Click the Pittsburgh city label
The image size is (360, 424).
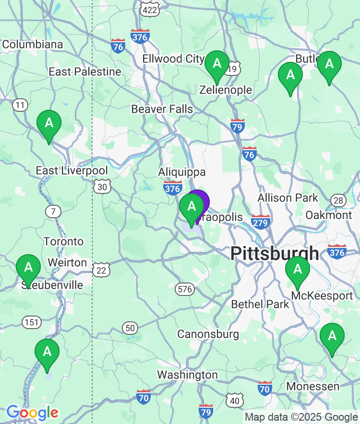(275, 253)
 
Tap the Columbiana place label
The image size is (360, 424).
(33, 45)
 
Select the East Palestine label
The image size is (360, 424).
(85, 72)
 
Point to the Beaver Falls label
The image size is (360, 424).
(162, 109)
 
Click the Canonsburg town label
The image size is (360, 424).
(208, 334)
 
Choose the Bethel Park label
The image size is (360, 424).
(260, 304)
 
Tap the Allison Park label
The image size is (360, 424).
(288, 198)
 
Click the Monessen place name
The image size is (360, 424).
(312, 386)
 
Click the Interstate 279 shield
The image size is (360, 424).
(261, 222)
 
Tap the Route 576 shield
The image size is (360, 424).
(185, 289)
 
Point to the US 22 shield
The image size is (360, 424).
(101, 271)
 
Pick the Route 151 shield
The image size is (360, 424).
(32, 322)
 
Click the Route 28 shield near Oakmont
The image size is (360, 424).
(338, 200)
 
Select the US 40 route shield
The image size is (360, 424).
(235, 400)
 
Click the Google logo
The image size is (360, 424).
(32, 412)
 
